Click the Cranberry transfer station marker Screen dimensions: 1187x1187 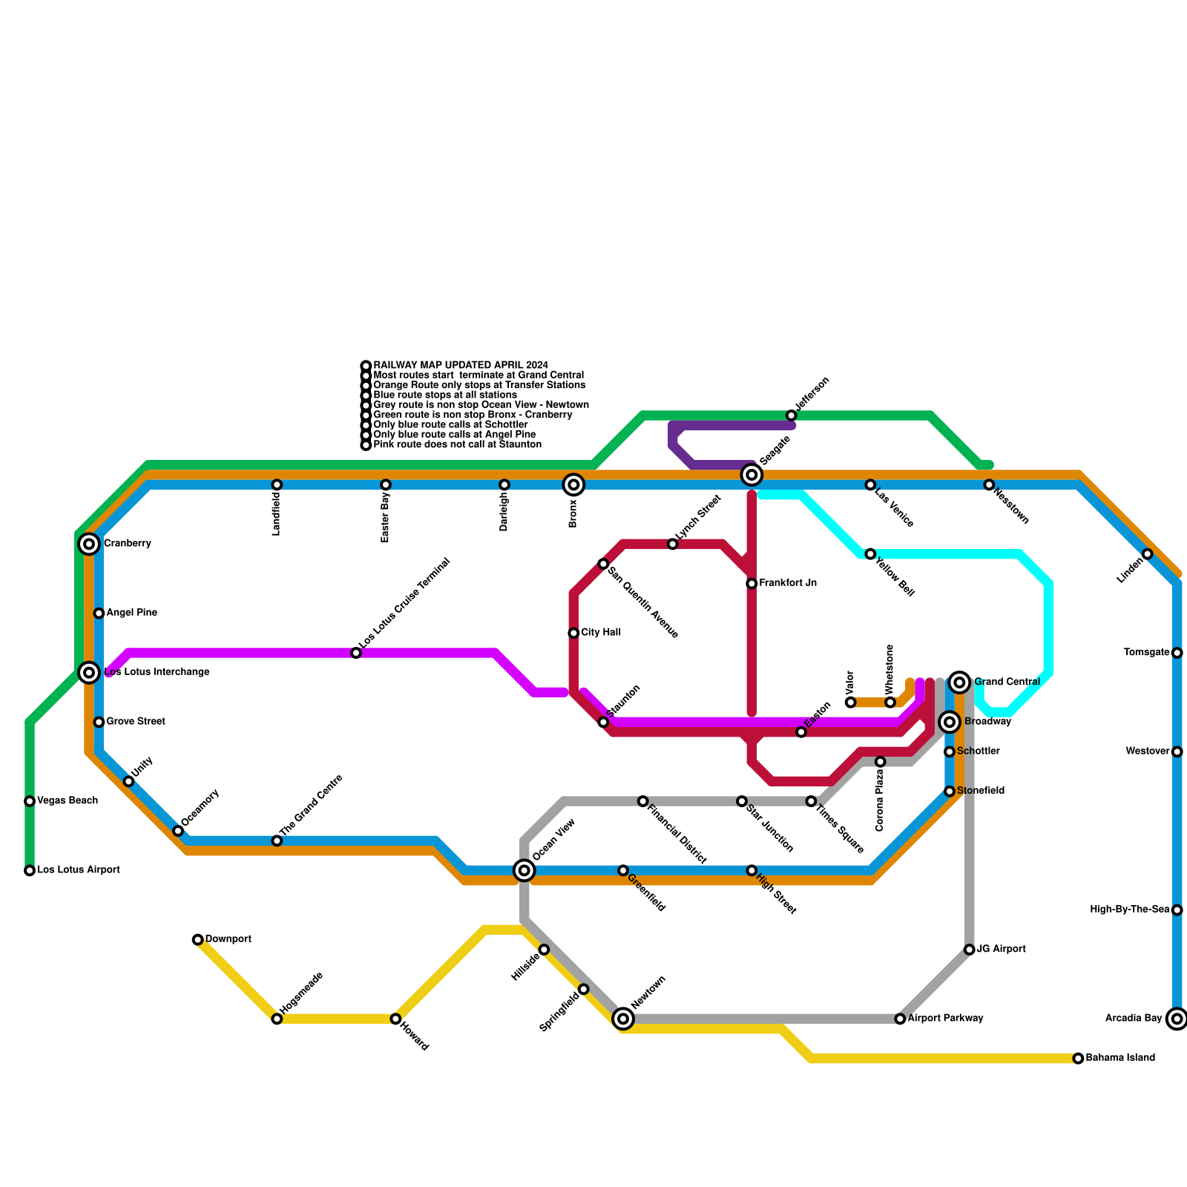(89, 544)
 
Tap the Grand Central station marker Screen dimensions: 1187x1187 (960, 682)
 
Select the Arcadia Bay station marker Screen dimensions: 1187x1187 (1177, 1019)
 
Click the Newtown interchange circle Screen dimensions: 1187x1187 (623, 1019)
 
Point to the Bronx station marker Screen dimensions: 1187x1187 (573, 484)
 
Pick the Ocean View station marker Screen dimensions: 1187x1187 (525, 870)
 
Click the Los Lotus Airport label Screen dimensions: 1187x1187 (79, 869)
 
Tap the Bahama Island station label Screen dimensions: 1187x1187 (1120, 1058)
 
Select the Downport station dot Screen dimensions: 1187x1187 (198, 940)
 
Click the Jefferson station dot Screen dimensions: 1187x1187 (792, 415)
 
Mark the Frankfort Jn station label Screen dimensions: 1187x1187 (788, 583)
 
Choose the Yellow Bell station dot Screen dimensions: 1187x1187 (870, 554)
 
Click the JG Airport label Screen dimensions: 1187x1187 (1002, 949)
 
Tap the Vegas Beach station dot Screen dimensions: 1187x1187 (30, 801)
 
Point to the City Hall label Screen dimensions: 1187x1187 (601, 633)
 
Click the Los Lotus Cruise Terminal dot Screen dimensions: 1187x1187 (356, 653)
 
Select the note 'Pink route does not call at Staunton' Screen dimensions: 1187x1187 (457, 445)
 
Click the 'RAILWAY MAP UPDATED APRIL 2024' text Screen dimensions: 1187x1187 (461, 365)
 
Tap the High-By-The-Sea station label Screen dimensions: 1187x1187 (1130, 910)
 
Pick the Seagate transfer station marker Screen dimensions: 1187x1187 (752, 475)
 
